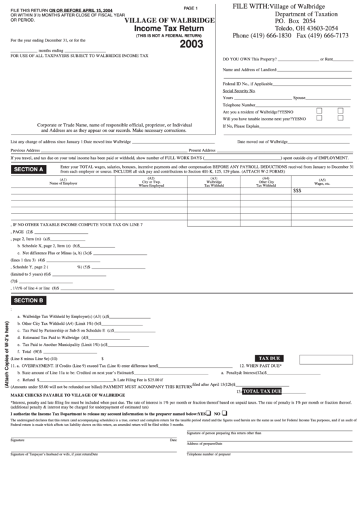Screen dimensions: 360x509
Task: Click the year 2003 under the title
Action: click(x=192, y=46)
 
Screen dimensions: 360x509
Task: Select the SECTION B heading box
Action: click(x=29, y=300)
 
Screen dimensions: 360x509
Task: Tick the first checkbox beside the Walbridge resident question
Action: click(x=319, y=111)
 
